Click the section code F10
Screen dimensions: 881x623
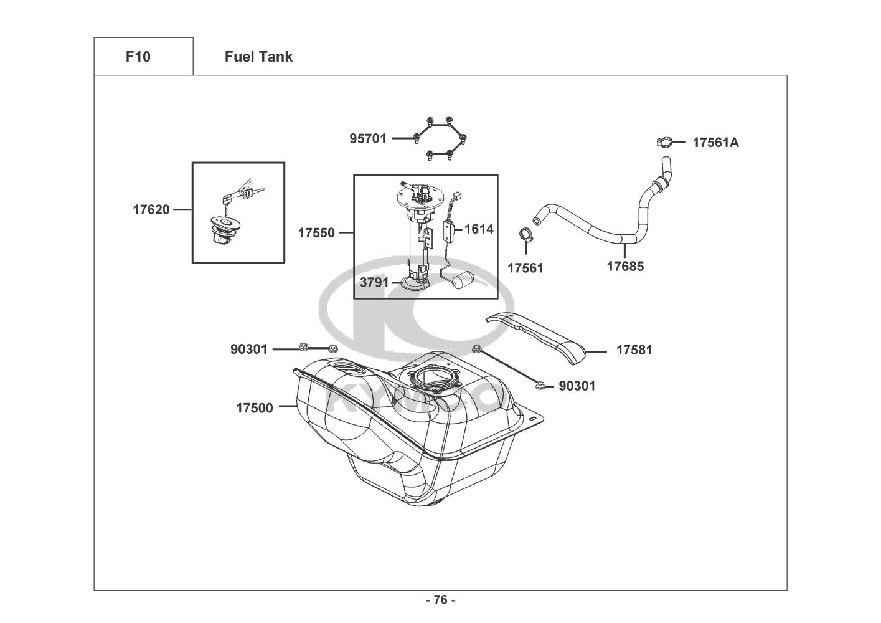[x=138, y=57]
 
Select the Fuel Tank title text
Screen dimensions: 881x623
[x=258, y=57]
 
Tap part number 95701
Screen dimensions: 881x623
[x=368, y=138]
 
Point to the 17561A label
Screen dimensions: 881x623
[x=716, y=143]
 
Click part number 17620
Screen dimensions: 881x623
[x=151, y=210]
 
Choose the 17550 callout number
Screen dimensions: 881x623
[x=316, y=233]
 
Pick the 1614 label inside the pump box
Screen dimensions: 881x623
[x=479, y=229]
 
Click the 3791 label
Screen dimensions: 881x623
[x=374, y=283]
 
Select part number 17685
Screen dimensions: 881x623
[x=625, y=267]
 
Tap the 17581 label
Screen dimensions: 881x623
[x=634, y=350]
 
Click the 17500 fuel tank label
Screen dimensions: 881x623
[x=255, y=408]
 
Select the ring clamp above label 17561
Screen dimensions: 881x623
[x=525, y=235]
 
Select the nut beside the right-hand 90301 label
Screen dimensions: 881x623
[x=540, y=386]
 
